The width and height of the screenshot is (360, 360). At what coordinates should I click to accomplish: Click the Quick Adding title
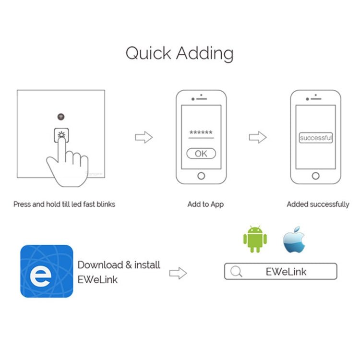click(x=180, y=54)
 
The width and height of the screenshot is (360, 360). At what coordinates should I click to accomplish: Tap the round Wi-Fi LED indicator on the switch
click(x=61, y=117)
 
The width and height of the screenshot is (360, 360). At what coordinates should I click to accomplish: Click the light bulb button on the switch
click(x=61, y=135)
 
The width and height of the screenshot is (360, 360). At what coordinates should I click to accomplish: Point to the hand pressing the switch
click(x=67, y=163)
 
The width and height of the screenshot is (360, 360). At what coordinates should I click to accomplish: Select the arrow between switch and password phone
click(x=144, y=137)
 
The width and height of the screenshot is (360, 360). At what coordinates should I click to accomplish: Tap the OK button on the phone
click(x=201, y=154)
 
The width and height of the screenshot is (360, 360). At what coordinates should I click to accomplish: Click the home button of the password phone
click(x=201, y=176)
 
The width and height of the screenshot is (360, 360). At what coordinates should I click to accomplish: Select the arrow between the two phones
click(x=258, y=137)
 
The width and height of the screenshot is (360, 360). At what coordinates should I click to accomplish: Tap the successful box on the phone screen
click(x=316, y=138)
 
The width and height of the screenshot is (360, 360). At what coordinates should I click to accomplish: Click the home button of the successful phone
click(x=316, y=176)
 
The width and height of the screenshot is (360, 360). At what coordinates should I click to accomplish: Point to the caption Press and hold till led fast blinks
click(x=64, y=204)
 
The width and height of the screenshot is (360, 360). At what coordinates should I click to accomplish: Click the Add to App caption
click(x=205, y=204)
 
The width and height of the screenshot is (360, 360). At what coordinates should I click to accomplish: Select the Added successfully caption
click(x=318, y=204)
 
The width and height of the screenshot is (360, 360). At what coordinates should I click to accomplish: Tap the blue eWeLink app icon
click(x=47, y=271)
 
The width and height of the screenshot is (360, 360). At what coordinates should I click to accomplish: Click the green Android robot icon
click(x=255, y=239)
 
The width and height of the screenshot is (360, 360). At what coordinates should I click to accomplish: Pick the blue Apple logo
click(x=294, y=240)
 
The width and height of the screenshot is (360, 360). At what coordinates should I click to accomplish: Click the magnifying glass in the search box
click(x=236, y=271)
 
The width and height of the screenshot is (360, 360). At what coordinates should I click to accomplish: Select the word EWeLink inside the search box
click(x=286, y=272)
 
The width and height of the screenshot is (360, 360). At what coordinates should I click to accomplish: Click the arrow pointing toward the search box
click(x=178, y=273)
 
